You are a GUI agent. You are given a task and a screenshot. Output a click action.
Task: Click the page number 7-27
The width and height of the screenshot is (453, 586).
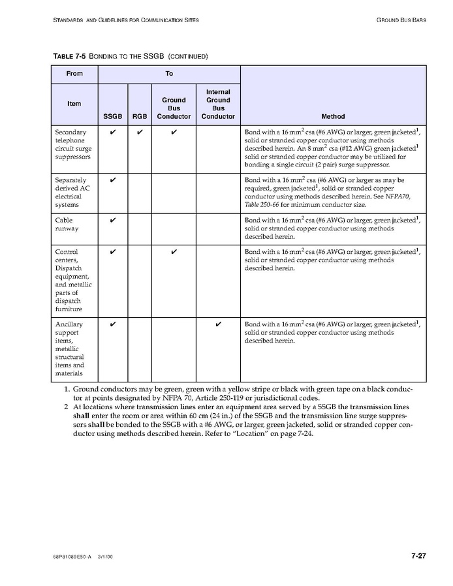418,556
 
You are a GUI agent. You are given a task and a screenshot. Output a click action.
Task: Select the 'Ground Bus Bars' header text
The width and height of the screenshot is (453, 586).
401,20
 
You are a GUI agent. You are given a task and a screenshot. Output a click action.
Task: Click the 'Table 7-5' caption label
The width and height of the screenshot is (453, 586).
69,56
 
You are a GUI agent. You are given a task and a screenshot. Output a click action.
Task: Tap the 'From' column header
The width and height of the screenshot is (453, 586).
74,74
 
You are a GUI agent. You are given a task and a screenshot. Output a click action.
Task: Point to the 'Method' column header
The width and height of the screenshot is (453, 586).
333,117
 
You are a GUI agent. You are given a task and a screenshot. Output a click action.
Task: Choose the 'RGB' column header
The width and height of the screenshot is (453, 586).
140,117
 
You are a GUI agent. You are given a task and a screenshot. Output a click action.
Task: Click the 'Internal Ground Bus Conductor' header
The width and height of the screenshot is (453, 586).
218,104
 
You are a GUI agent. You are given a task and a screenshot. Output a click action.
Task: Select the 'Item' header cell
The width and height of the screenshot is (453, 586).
74,104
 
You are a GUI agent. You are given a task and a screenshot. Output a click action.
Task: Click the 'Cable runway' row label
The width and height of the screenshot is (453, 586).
67,224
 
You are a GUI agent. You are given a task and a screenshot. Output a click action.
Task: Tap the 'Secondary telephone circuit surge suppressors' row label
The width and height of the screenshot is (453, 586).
73,144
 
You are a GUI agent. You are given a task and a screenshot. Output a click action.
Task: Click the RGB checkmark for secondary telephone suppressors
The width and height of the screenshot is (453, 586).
140,132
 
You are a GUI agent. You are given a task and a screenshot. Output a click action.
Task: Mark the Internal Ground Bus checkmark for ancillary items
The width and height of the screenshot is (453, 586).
218,324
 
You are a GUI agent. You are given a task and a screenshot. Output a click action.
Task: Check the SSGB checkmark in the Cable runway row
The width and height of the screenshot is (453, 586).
113,221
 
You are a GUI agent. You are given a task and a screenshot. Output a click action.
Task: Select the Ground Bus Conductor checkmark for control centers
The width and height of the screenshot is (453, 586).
174,252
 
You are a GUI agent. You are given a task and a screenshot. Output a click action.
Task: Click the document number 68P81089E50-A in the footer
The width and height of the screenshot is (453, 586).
72,557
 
